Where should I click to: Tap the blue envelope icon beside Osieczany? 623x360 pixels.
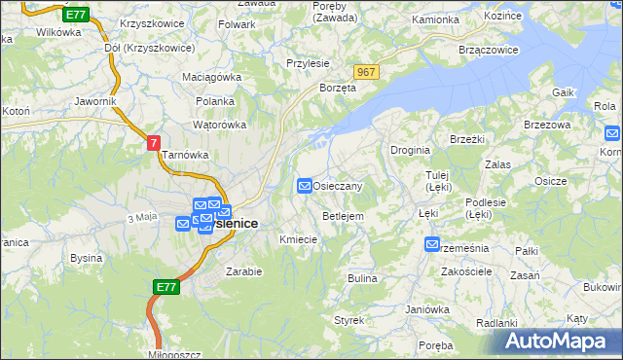pyautogui.click(x=305, y=185)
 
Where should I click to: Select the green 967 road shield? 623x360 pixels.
pyautogui.click(x=366, y=73)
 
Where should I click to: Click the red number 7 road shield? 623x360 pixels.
pyautogui.click(x=154, y=143)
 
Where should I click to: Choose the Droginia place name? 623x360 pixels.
pyautogui.click(x=410, y=150)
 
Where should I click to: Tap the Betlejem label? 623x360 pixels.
pyautogui.click(x=343, y=215)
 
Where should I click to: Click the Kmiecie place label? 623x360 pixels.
pyautogui.click(x=299, y=239)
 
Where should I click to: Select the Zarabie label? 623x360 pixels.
pyautogui.click(x=243, y=271)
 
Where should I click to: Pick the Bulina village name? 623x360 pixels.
pyautogui.click(x=362, y=278)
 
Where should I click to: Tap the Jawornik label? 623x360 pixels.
pyautogui.click(x=95, y=100)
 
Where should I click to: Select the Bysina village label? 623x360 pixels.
pyautogui.click(x=87, y=258)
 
